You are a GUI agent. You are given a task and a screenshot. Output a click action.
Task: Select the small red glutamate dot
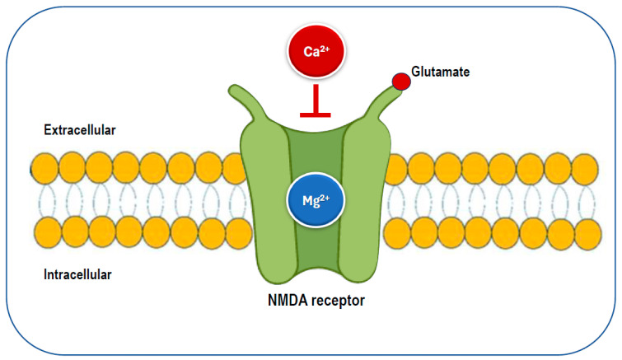[400, 82]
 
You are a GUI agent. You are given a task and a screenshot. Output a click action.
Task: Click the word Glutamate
[441, 72]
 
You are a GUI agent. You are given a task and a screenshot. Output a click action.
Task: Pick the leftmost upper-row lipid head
[45, 169]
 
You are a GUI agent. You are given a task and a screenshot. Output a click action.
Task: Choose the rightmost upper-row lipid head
[584, 169]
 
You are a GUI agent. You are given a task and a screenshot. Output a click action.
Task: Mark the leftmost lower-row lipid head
[45, 236]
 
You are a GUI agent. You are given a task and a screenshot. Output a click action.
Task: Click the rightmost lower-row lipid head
[584, 236]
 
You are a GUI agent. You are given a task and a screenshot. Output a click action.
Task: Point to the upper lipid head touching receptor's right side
[395, 169]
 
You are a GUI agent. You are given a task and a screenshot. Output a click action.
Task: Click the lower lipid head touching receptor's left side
[238, 236]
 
